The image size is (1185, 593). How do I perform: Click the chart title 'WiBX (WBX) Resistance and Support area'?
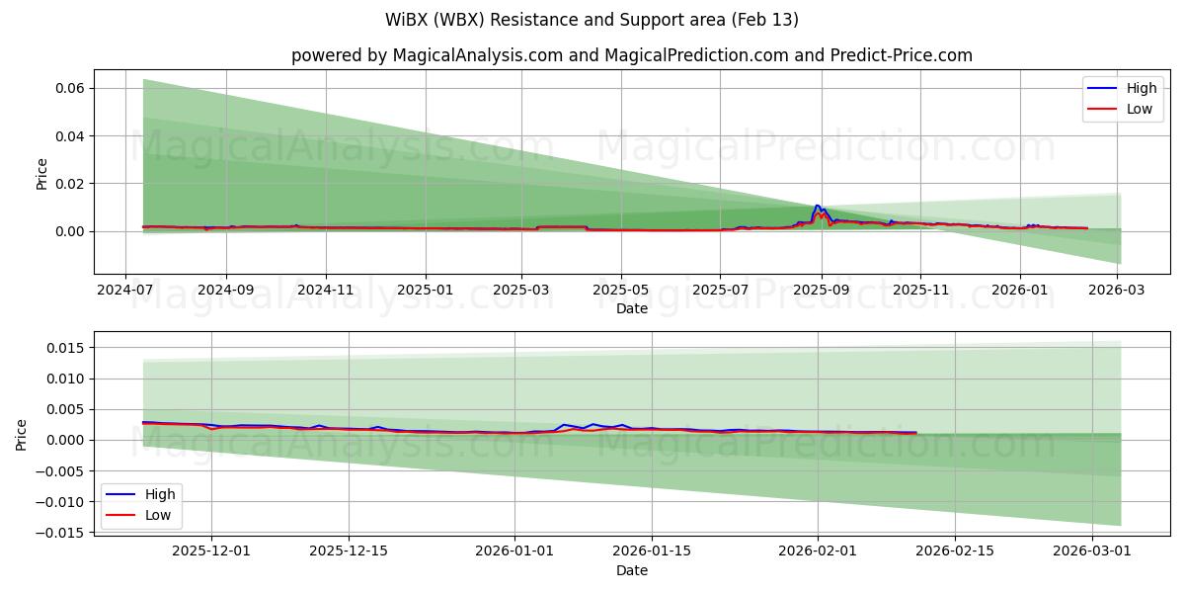tap(592, 20)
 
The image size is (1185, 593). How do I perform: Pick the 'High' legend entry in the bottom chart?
tap(159, 494)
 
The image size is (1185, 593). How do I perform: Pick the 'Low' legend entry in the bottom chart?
tap(157, 515)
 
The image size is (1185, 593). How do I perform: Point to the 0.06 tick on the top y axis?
tap(68, 88)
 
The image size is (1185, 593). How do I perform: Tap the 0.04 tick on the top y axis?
tap(68, 135)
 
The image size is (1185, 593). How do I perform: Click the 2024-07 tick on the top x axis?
tap(124, 291)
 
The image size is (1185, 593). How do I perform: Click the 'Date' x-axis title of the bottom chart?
tap(631, 570)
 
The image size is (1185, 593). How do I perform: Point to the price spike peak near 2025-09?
tap(817, 206)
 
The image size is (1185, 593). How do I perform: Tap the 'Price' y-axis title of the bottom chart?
tap(22, 434)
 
